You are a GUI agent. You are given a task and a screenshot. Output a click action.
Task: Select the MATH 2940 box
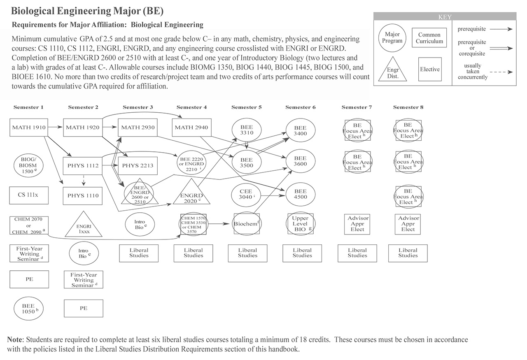pos(191,128)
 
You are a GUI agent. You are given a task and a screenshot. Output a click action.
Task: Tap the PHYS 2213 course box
pos(138,166)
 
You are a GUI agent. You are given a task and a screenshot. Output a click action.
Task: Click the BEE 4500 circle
pos(301,195)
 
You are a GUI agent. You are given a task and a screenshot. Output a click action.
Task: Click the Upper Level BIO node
pos(301,224)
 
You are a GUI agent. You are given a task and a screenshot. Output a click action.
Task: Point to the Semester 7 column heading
pos(357,107)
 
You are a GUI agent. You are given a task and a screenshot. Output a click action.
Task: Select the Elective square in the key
pos(430,70)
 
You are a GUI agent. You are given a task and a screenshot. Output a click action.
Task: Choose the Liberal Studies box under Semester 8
pos(408,253)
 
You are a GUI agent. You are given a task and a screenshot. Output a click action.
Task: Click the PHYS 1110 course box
pos(83,196)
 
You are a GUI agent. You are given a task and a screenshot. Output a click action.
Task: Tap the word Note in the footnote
pos(16,340)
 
